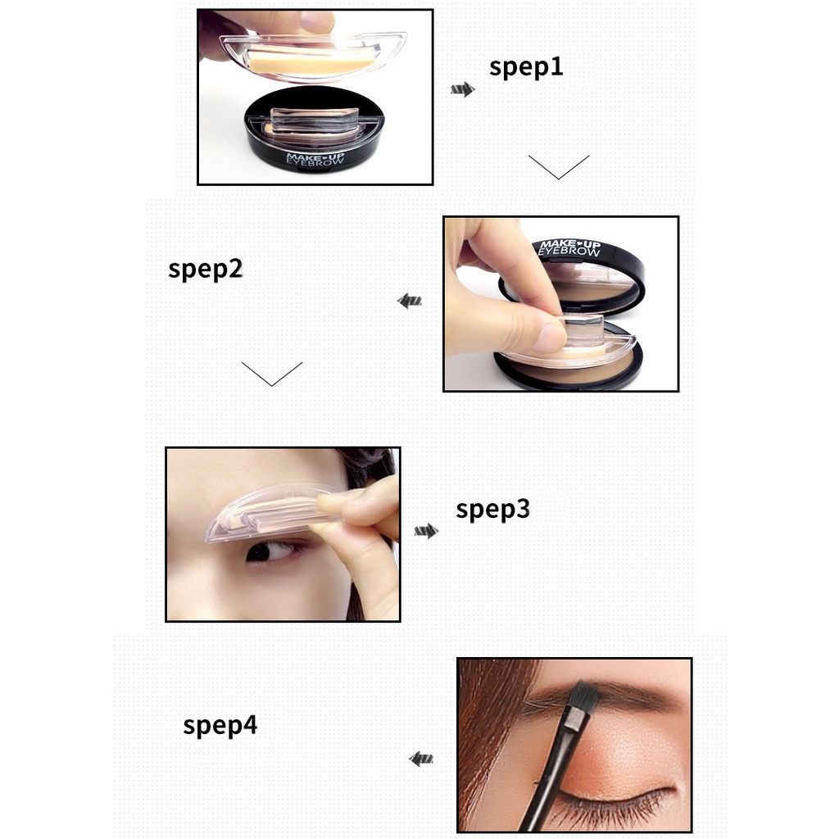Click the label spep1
pyautogui.click(x=526, y=67)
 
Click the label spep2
pyautogui.click(x=205, y=269)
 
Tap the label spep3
pyautogui.click(x=492, y=510)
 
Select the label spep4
pyautogui.click(x=220, y=725)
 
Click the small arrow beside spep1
pyautogui.click(x=463, y=89)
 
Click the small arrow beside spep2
pyautogui.click(x=410, y=302)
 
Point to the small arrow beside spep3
pyautogui.click(x=425, y=532)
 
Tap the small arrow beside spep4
pyautogui.click(x=421, y=760)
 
